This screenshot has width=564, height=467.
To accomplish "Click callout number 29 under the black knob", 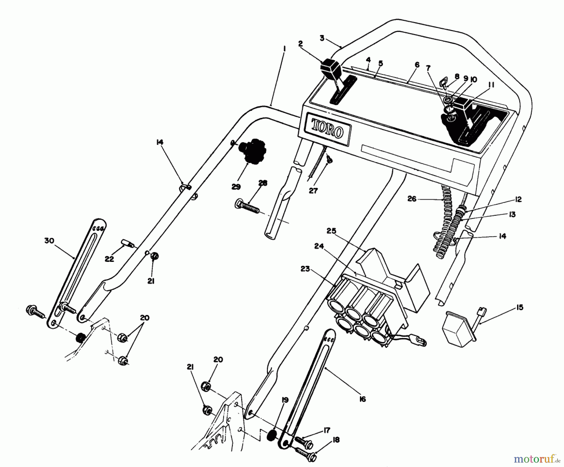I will coord(236,187).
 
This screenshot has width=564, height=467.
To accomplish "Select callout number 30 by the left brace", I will coord(49,241).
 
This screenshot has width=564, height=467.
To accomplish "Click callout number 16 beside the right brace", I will coord(363,399).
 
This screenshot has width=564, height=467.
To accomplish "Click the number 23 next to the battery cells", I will coord(305,269).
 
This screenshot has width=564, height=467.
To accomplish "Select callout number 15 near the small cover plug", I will coord(520,308).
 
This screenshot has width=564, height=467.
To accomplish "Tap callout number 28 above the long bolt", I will coord(263,183).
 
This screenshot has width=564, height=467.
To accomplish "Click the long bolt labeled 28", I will coord(247,207).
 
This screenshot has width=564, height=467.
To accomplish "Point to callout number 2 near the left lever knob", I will coord(300,44).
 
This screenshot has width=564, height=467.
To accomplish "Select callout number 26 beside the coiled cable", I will coord(412,199).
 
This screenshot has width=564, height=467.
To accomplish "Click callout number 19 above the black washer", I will coord(285,401).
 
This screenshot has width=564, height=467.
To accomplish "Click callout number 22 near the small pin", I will coord(109,259).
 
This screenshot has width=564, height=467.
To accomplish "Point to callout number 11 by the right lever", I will coord(491,84).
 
